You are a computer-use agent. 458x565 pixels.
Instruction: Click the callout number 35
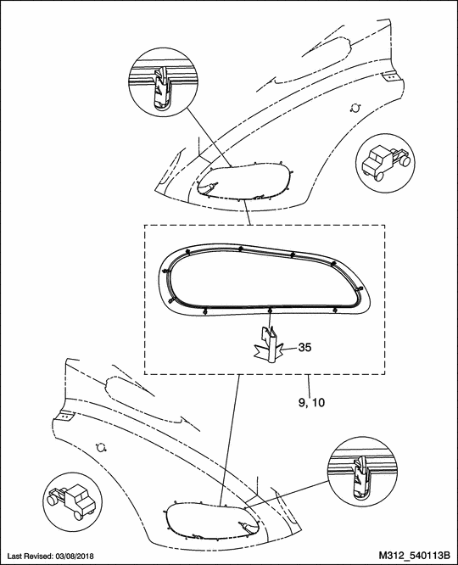(304, 348)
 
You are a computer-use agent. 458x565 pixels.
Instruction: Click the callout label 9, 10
(311, 402)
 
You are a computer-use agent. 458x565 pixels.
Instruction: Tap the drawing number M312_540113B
(415, 555)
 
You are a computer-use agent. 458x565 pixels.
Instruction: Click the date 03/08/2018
(75, 556)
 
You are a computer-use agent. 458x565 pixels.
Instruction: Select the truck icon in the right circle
(386, 162)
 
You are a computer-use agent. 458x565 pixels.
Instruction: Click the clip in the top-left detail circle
(161, 89)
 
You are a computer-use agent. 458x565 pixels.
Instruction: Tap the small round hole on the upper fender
(355, 108)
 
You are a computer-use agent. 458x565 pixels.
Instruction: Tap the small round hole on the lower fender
(101, 448)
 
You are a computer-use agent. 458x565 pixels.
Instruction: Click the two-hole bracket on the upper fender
(391, 76)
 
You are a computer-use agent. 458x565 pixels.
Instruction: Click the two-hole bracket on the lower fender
(64, 417)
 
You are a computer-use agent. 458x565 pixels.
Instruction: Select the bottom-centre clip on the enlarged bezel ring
(270, 310)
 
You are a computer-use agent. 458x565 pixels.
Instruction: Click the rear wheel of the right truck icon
(405, 160)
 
